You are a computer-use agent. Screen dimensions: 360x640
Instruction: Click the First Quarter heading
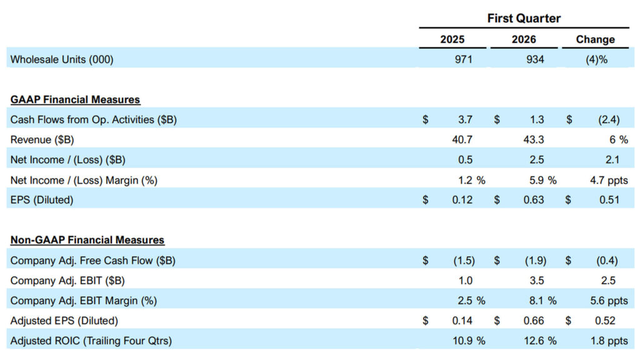(524, 18)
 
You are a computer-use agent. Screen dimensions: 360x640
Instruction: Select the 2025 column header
(452, 39)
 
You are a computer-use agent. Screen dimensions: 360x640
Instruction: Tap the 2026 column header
(524, 39)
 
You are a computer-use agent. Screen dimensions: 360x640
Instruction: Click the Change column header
(595, 39)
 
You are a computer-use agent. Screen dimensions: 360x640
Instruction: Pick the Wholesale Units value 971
(462, 59)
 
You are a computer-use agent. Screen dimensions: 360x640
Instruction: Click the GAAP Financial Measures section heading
(75, 99)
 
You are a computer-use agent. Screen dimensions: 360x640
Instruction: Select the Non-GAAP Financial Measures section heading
(87, 239)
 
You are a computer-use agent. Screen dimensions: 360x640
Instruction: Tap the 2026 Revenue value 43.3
(532, 139)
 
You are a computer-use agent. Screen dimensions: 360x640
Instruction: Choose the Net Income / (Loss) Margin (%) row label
(84, 180)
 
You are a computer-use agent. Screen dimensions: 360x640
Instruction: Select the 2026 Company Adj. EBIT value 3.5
(536, 280)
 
